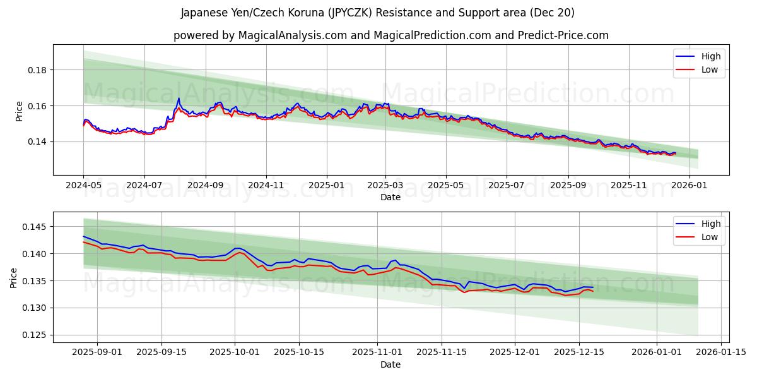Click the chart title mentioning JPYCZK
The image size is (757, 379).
[x=378, y=13]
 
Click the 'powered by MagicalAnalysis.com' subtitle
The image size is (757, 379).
[x=390, y=35]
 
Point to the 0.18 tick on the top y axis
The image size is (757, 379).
[x=37, y=70]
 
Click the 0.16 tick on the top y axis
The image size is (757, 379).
[x=37, y=106]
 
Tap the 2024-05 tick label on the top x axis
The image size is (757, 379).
[x=83, y=186]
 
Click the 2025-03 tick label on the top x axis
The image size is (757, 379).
[x=385, y=186]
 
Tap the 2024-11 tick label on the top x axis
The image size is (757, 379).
[x=266, y=186]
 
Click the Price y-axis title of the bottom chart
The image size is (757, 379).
[x=14, y=277]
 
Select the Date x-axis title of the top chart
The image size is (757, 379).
[x=390, y=198]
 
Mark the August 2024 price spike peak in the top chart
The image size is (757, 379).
[x=179, y=99]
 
